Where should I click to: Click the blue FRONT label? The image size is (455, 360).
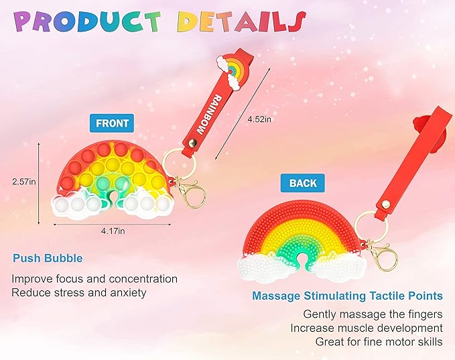coord(112,123)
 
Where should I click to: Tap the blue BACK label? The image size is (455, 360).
coord(303,183)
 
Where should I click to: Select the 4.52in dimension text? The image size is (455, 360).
coord(259,119)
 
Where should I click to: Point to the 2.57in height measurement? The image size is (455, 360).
coord(24,182)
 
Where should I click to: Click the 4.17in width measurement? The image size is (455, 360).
coord(113,231)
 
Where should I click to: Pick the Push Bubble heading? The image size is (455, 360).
coord(48,258)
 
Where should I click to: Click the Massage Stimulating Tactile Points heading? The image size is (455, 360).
coord(347,296)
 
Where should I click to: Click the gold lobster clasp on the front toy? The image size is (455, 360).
coord(191,193)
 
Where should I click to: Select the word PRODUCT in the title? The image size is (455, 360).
coord(87,21)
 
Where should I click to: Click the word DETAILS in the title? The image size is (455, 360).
coord(241,21)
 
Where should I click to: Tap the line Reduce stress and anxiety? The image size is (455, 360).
coord(78,293)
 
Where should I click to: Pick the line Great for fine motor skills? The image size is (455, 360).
coord(379,341)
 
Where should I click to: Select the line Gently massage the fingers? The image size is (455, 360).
coord(373,314)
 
